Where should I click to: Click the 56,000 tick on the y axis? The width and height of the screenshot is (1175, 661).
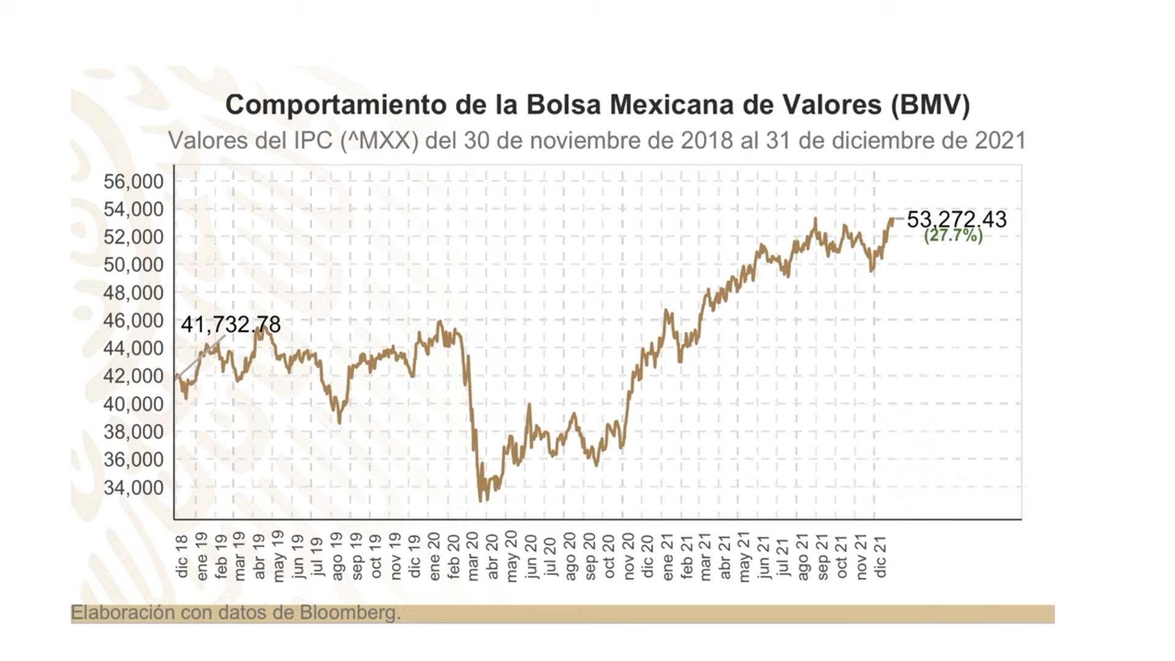(x=133, y=181)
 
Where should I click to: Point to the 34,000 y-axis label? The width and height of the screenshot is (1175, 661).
(x=133, y=487)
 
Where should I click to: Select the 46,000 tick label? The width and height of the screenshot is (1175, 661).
(x=133, y=320)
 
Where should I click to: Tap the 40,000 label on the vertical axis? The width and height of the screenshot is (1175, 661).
(x=133, y=404)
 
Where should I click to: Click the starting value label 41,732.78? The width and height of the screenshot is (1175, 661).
(x=231, y=324)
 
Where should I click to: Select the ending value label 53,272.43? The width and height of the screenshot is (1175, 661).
(x=957, y=219)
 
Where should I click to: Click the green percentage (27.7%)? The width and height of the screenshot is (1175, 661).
(x=953, y=236)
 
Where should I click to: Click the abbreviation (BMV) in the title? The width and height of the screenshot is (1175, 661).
(x=930, y=105)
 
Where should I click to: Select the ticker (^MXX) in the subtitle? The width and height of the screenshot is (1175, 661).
(x=379, y=141)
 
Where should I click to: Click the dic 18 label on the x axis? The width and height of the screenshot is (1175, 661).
(x=182, y=556)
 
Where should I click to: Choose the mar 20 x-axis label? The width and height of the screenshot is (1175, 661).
(x=473, y=556)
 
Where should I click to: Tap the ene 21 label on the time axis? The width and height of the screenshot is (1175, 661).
(x=667, y=556)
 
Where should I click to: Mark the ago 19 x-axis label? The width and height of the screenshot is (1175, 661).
(x=337, y=556)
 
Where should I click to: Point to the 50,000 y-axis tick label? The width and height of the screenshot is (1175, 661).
(x=133, y=264)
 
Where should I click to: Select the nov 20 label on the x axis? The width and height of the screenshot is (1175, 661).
(x=629, y=556)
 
